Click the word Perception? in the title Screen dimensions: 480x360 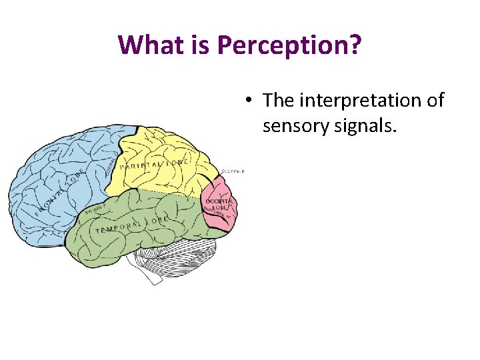pyautogui.click(x=290, y=45)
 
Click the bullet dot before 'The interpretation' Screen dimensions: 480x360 pyautogui.click(x=247, y=101)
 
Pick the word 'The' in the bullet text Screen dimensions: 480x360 pyautogui.click(x=279, y=101)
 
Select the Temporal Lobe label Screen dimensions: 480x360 pyautogui.click(x=131, y=225)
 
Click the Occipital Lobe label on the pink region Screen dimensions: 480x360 pyautogui.click(x=219, y=203)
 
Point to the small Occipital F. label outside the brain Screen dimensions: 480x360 pyautogui.click(x=233, y=171)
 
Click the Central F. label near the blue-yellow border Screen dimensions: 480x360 pyautogui.click(x=111, y=164)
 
